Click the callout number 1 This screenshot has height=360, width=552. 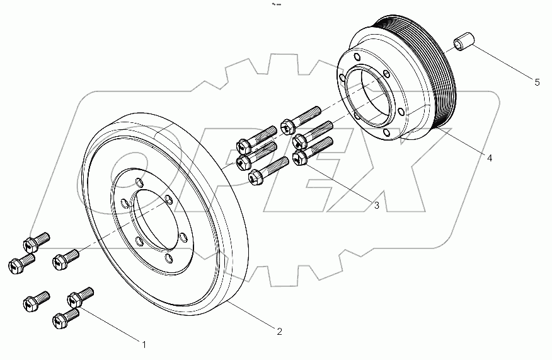point(144,344)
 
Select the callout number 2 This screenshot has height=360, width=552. point(279,330)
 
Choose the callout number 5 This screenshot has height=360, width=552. point(537,82)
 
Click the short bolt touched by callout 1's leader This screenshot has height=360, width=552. point(80,294)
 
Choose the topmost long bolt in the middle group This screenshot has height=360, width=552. point(299,119)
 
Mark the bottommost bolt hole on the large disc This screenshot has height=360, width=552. point(168,257)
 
